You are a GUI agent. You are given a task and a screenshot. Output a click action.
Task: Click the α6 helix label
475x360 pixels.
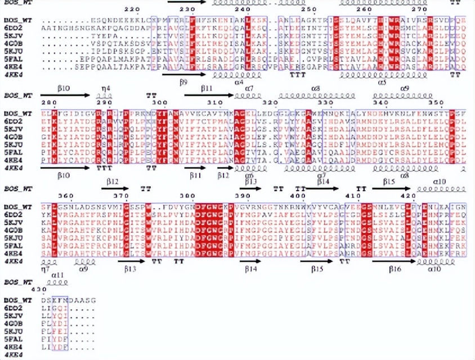(249, 175)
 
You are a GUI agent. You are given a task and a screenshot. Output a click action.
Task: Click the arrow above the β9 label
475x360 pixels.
(183, 74)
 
